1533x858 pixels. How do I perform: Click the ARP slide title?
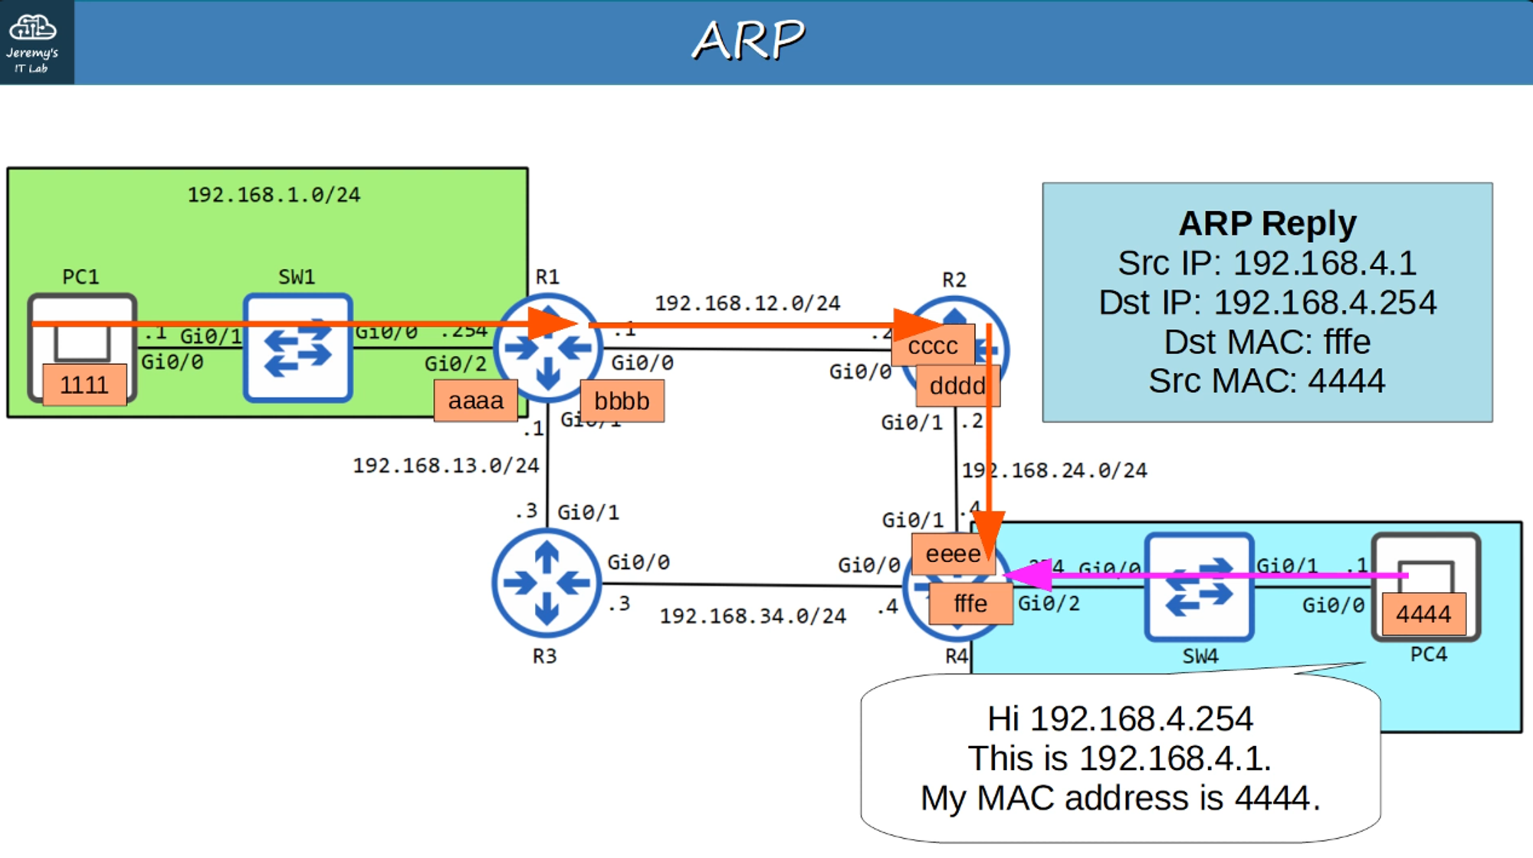(748, 40)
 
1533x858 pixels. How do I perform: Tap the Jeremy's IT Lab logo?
(33, 42)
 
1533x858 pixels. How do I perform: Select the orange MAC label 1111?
(84, 384)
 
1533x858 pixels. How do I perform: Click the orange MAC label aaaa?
(475, 400)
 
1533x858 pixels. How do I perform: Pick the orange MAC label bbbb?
(622, 401)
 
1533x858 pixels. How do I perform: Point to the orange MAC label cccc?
(933, 346)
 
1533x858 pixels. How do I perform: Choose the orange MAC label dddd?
(957, 386)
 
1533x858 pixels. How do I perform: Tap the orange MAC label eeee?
(953, 554)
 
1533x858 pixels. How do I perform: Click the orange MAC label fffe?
(970, 603)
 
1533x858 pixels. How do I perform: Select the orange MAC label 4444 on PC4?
(1423, 613)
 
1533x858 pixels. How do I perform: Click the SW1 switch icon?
(297, 348)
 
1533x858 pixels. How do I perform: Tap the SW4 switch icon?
(1199, 587)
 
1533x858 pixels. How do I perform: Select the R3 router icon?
(546, 584)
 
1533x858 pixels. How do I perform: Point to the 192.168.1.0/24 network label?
(274, 195)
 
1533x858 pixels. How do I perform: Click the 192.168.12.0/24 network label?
(747, 304)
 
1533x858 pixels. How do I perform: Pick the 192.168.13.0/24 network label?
(445, 465)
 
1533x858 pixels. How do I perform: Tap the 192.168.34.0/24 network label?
(753, 616)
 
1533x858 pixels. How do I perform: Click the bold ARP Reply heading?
(1267, 224)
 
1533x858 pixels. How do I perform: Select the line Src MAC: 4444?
(1267, 381)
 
